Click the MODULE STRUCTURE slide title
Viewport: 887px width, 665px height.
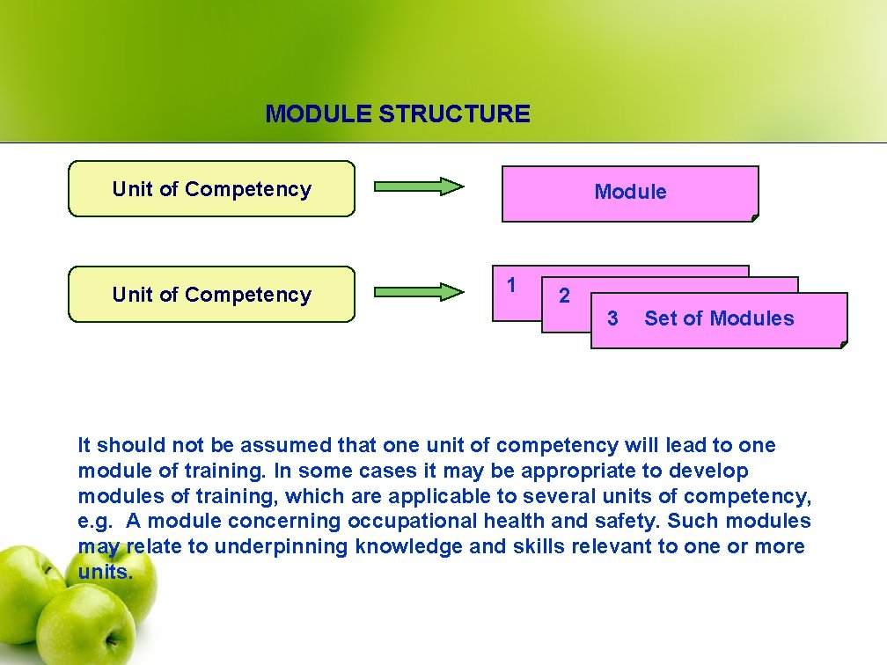(398, 114)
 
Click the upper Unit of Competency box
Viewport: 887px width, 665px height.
(211, 189)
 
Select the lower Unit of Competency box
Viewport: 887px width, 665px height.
(211, 295)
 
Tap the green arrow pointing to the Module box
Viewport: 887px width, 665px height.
(419, 186)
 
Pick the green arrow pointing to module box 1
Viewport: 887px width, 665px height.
(419, 291)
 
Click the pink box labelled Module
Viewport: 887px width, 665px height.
(630, 193)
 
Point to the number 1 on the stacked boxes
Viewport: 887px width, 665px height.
(511, 284)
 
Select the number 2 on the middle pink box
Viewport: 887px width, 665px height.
(564, 296)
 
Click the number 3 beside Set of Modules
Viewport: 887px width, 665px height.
(612, 318)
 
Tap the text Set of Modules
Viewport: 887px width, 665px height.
(719, 318)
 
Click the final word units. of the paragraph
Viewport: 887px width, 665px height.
(106, 573)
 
